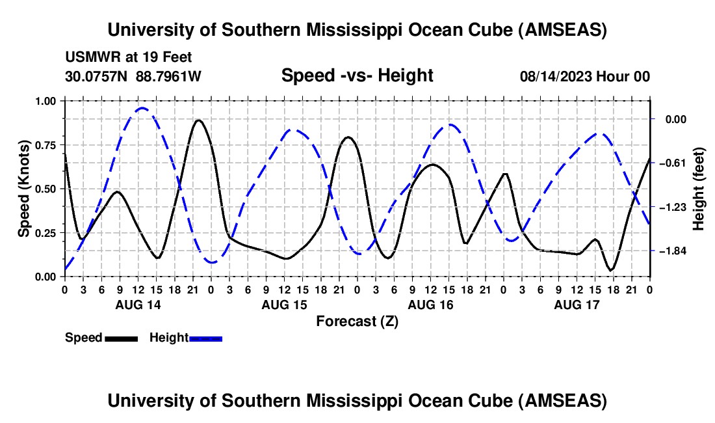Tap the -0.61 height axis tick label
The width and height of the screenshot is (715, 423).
(672, 163)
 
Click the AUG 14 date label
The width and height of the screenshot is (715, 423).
(137, 304)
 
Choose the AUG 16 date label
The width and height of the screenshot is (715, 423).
(430, 304)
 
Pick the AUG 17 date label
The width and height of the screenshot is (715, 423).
(576, 304)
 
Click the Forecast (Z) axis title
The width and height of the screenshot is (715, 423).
(357, 321)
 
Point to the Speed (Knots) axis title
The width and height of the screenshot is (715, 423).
(24, 189)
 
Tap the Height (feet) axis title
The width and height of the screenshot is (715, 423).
(699, 189)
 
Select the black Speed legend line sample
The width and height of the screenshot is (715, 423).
(121, 338)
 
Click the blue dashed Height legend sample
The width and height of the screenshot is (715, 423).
(206, 338)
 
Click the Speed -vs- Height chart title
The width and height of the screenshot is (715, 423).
(357, 75)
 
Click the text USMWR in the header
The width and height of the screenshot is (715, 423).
(90, 57)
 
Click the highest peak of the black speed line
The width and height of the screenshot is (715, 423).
(198, 120)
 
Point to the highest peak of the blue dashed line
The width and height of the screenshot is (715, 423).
(143, 108)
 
